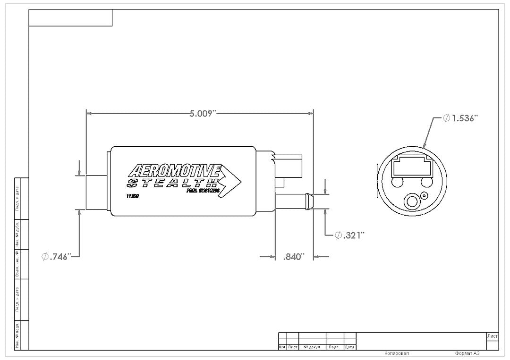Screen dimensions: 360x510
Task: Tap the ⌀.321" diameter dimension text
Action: tap(350, 235)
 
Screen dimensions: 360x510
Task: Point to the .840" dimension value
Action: tap(294, 257)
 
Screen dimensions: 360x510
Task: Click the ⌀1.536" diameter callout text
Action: tap(461, 118)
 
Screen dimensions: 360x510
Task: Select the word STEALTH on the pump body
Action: tap(173, 183)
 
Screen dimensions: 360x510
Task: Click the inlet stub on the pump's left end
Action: tap(98, 192)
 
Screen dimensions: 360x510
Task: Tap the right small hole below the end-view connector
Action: tap(427, 182)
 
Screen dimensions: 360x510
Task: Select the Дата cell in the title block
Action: tap(349, 347)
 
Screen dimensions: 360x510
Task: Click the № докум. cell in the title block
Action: tap(312, 347)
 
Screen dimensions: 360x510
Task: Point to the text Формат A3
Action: tap(467, 353)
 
